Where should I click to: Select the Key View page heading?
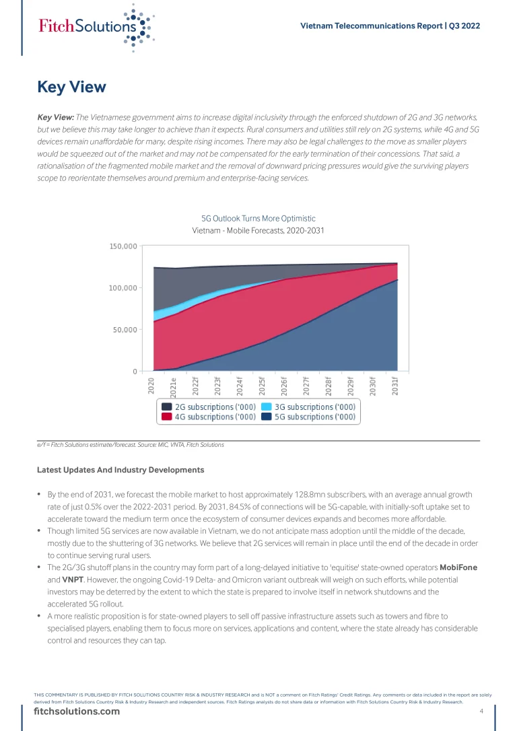point(71,88)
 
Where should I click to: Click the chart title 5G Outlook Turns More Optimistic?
point(258,219)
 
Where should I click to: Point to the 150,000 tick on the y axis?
point(123,246)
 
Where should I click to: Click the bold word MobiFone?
point(458,567)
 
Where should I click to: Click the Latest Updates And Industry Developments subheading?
point(120,469)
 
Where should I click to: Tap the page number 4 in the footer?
point(481,712)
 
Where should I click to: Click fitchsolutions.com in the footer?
point(77,712)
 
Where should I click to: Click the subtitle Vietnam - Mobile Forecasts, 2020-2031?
point(258,231)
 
